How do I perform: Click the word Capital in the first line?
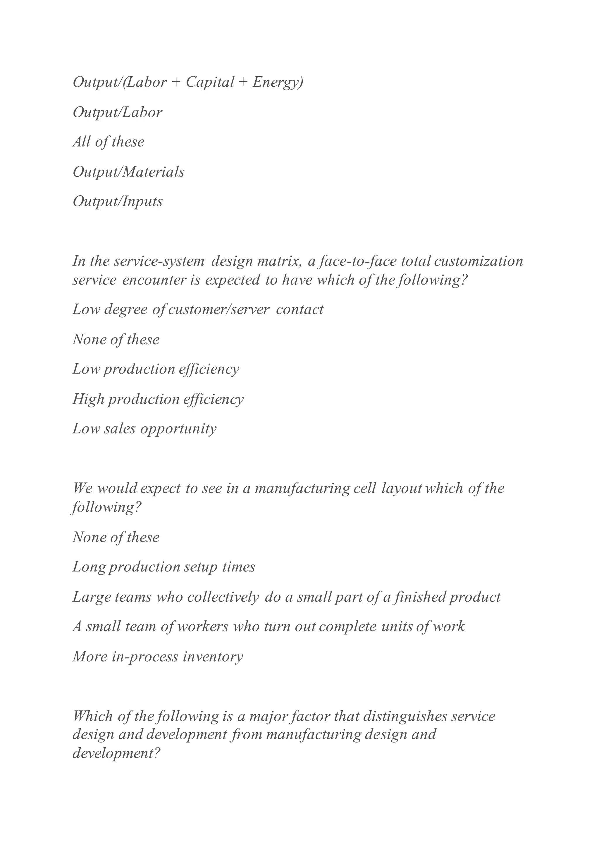click(209, 82)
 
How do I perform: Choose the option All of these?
click(109, 142)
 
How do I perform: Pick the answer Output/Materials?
click(128, 172)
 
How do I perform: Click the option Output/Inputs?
click(117, 202)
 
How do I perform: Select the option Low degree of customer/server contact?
click(198, 309)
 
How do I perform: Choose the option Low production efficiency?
click(156, 369)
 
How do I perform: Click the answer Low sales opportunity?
click(144, 429)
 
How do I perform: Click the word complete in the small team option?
click(348, 626)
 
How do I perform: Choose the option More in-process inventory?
click(158, 656)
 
